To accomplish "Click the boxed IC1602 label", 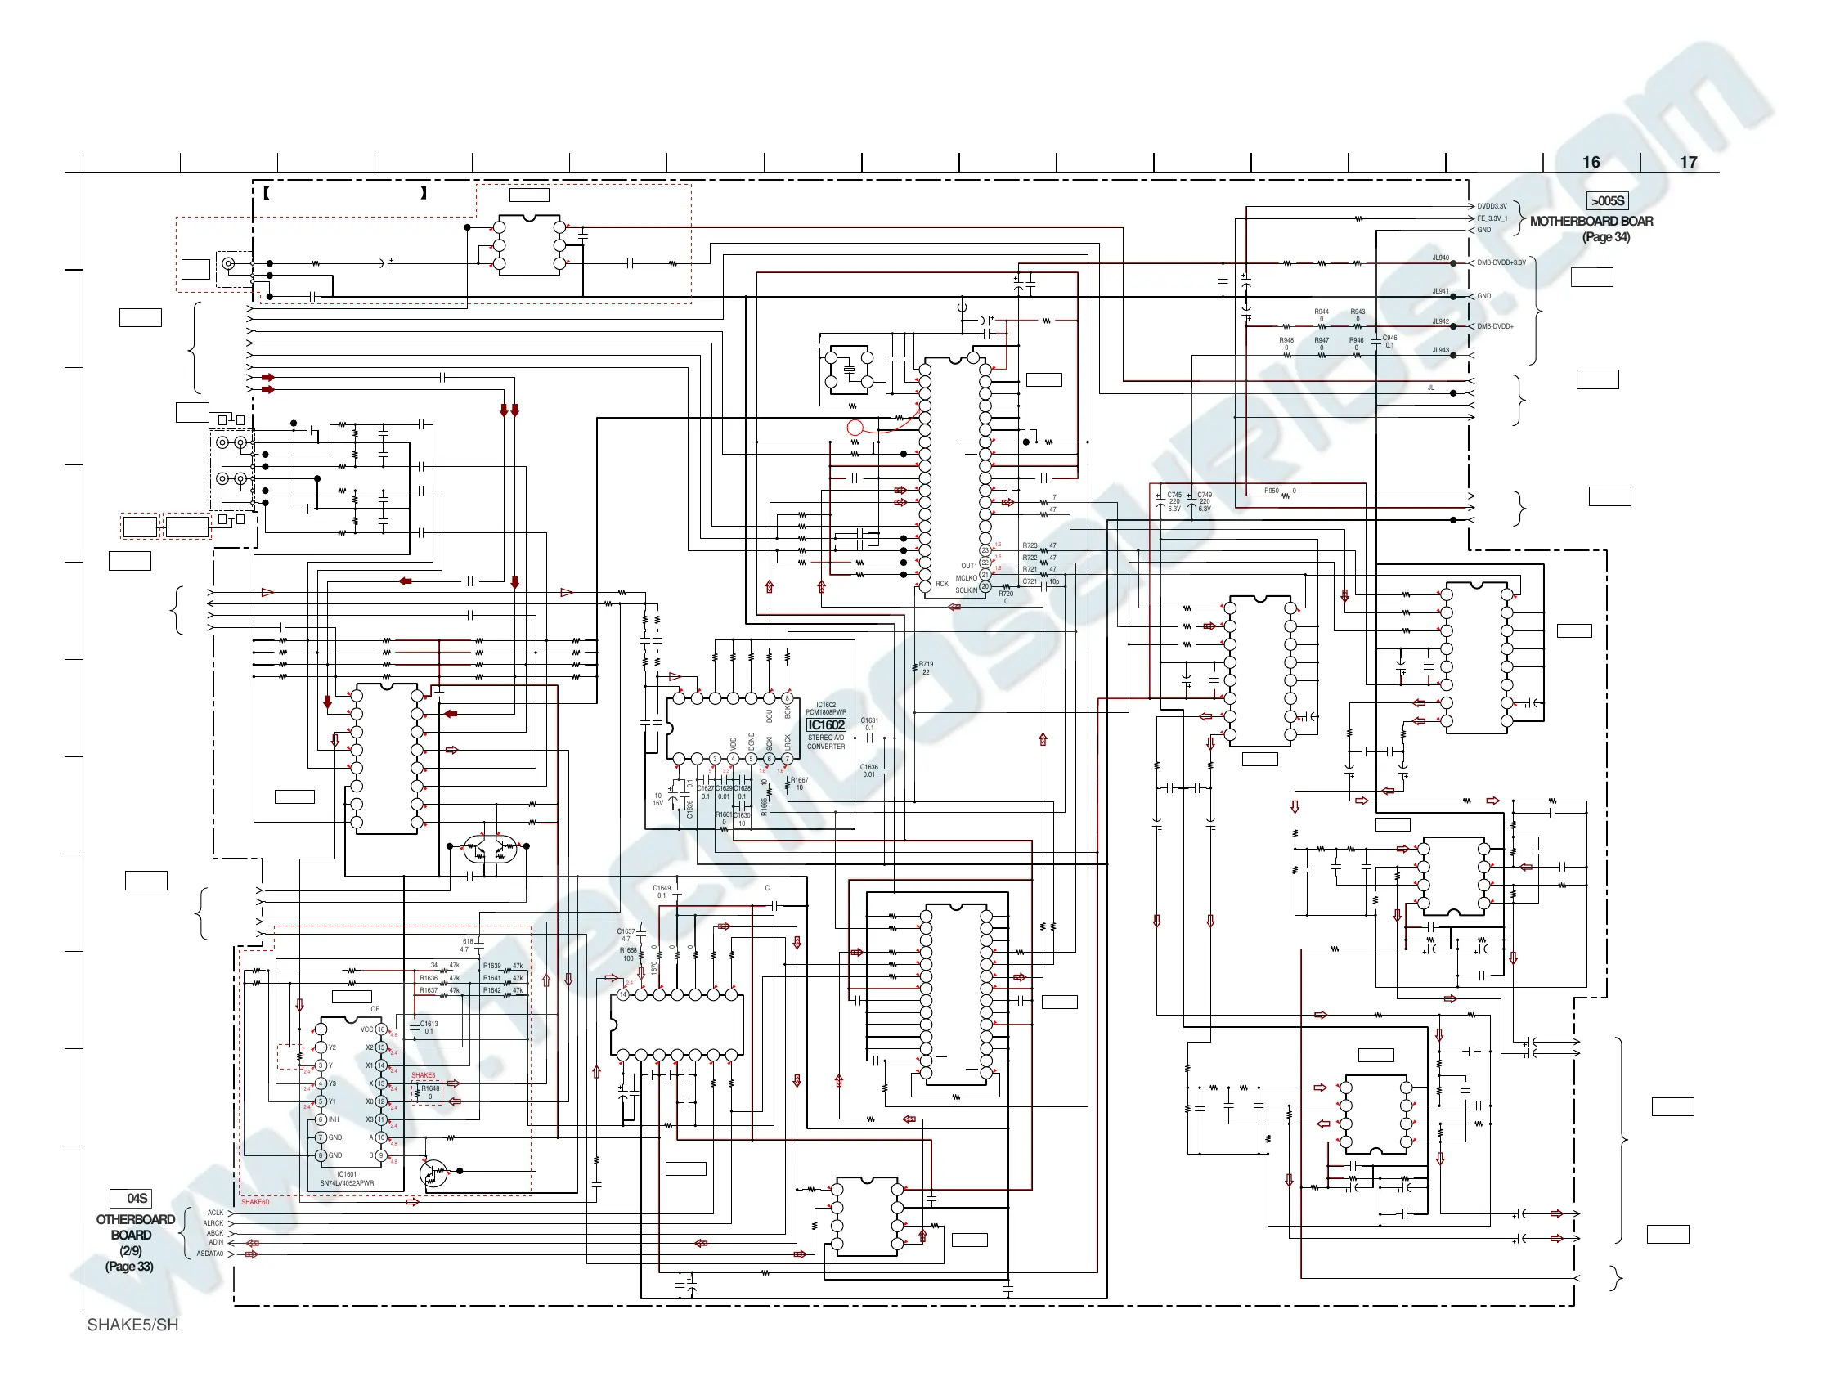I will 826,725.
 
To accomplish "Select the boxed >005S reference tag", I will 1607,201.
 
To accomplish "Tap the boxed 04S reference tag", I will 131,1198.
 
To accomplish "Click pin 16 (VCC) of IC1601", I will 382,1029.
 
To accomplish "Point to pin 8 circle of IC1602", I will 788,698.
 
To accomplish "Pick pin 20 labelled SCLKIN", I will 985,587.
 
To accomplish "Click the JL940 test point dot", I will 1453,263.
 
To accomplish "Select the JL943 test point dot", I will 1453,355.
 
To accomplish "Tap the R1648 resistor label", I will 429,1089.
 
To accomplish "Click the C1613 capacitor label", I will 429,1024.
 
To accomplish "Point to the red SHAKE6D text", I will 255,1201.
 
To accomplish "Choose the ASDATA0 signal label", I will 209,1254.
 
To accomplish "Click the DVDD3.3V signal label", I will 1492,206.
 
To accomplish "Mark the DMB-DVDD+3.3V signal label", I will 1501,263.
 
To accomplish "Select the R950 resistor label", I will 1271,491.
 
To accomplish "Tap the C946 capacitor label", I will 1389,338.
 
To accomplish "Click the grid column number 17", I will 1688,162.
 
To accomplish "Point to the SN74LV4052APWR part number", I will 347,1183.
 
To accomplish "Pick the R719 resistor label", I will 926,664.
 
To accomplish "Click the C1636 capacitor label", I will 868,767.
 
